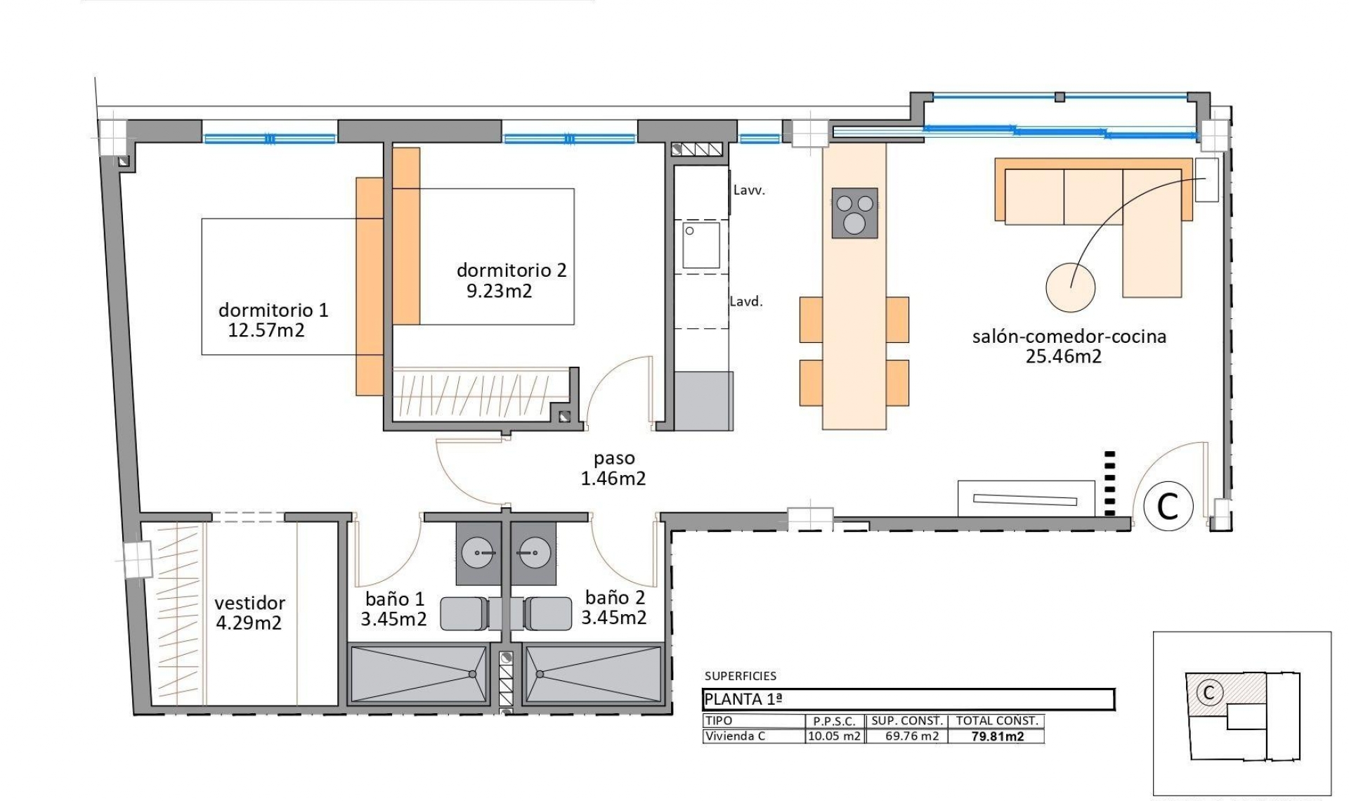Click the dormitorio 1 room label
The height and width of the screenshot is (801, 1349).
click(273, 310)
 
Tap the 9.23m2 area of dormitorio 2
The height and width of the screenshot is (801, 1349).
click(499, 291)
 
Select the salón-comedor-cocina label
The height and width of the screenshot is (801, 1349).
click(1069, 337)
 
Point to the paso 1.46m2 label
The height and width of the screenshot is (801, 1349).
click(613, 469)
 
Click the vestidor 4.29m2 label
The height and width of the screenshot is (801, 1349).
click(249, 613)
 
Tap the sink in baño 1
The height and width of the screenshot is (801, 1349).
click(478, 553)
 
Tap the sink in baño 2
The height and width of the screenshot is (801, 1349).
click(533, 553)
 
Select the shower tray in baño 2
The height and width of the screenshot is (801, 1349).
click(593, 675)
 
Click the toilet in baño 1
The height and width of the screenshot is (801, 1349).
click(464, 613)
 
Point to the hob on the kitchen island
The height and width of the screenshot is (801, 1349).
click(854, 213)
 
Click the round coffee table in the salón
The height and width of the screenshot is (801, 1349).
click(1070, 287)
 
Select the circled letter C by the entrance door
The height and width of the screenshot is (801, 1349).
click(1168, 506)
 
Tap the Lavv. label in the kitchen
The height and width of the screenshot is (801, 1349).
click(749, 190)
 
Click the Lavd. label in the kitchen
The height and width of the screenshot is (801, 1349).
click(746, 301)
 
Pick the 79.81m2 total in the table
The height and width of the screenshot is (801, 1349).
click(997, 736)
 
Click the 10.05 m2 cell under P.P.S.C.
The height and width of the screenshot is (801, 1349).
click(834, 736)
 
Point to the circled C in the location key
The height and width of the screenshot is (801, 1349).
click(1208, 693)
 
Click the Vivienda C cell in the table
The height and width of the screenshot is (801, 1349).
click(735, 736)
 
